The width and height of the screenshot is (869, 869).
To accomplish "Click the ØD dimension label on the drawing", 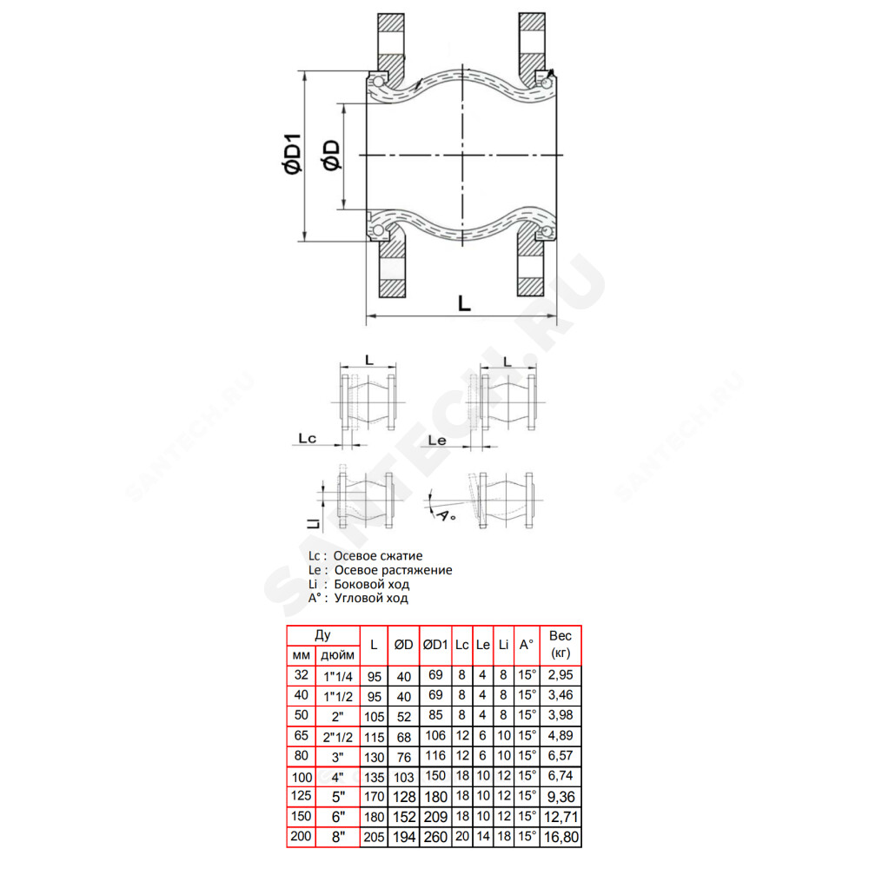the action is [x=331, y=156].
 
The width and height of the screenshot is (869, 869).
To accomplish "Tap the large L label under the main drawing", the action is [x=464, y=303].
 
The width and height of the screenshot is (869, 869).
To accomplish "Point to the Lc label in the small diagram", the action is [x=307, y=438].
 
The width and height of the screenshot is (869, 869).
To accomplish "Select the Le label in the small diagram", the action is [x=437, y=441].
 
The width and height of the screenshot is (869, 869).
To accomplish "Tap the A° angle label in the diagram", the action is [x=447, y=514].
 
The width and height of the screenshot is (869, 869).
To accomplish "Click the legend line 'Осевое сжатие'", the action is [x=377, y=556].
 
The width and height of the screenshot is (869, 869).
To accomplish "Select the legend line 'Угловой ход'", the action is [x=371, y=598].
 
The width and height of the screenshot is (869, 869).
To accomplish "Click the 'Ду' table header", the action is [x=322, y=635].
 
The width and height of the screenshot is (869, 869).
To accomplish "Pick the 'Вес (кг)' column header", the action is [x=561, y=644].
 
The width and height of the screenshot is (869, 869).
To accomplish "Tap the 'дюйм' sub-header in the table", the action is [x=337, y=655].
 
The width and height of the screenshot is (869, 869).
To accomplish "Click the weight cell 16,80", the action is [x=561, y=837].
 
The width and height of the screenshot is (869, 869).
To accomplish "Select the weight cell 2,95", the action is [x=561, y=675].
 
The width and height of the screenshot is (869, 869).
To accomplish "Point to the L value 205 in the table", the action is [x=374, y=837].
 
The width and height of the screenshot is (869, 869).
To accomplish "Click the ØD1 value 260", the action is [x=435, y=837].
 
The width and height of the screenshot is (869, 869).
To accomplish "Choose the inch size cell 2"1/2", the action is [x=337, y=737].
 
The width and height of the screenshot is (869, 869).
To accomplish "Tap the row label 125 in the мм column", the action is [x=301, y=796].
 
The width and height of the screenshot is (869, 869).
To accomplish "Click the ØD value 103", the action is [x=403, y=777].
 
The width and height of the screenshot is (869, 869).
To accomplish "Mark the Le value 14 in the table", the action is [x=482, y=836].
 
